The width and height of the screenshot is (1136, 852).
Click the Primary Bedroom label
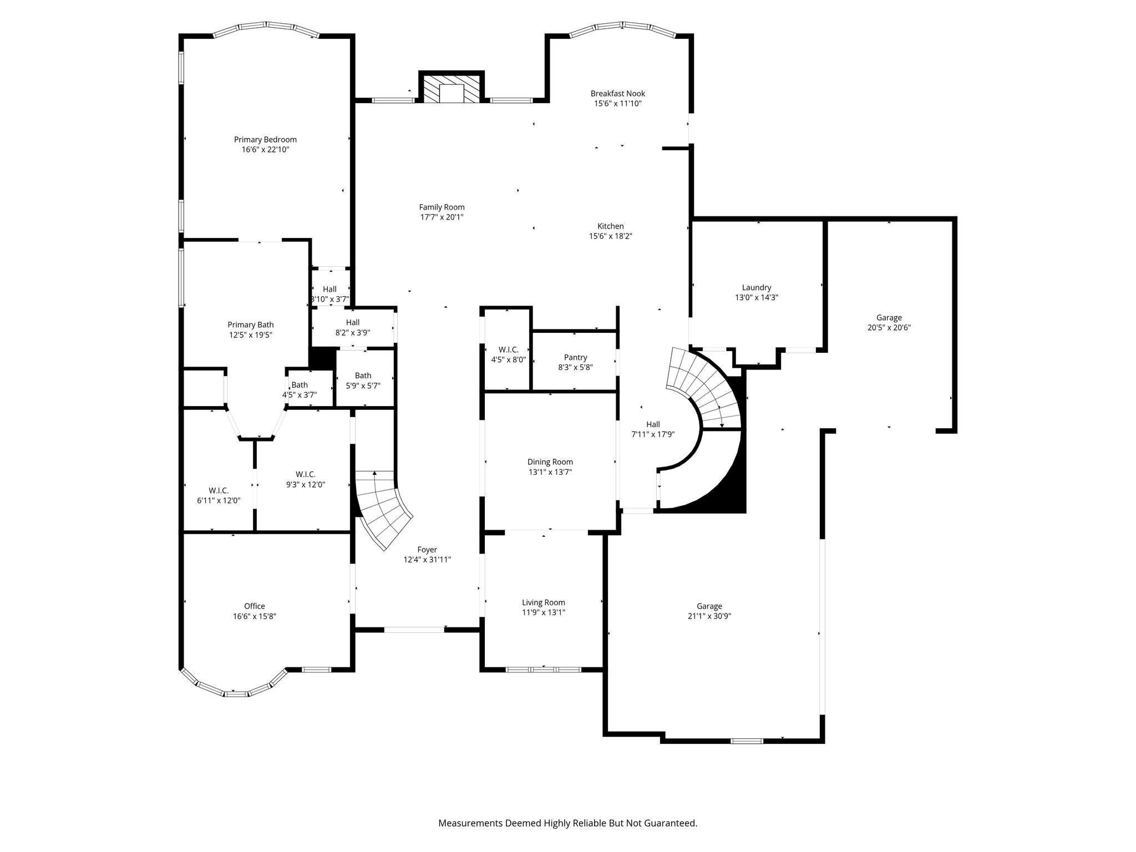[265, 140]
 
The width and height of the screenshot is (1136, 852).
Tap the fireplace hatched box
[452, 88]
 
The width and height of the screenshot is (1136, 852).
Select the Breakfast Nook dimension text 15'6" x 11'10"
[618, 103]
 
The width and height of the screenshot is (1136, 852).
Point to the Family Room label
[442, 207]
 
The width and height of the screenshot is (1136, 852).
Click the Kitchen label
[611, 226]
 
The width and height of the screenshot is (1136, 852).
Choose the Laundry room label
[757, 287]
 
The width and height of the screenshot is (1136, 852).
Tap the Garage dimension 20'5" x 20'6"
[889, 327]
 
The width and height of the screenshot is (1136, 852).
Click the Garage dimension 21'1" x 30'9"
[709, 616]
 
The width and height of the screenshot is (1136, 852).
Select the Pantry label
[575, 357]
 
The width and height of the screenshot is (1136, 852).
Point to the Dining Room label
[550, 462]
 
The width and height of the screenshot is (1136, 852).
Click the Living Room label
[544, 602]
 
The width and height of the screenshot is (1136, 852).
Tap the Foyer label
[427, 550]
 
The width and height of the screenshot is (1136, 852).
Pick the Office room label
[255, 606]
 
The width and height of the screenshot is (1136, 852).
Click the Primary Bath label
[251, 325]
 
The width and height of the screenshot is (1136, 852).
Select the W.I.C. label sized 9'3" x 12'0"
[306, 474]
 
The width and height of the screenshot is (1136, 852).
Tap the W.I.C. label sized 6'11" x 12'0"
[219, 490]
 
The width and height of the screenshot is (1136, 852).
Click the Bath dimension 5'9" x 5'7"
[363, 386]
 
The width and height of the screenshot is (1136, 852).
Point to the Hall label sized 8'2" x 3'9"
[353, 322]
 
